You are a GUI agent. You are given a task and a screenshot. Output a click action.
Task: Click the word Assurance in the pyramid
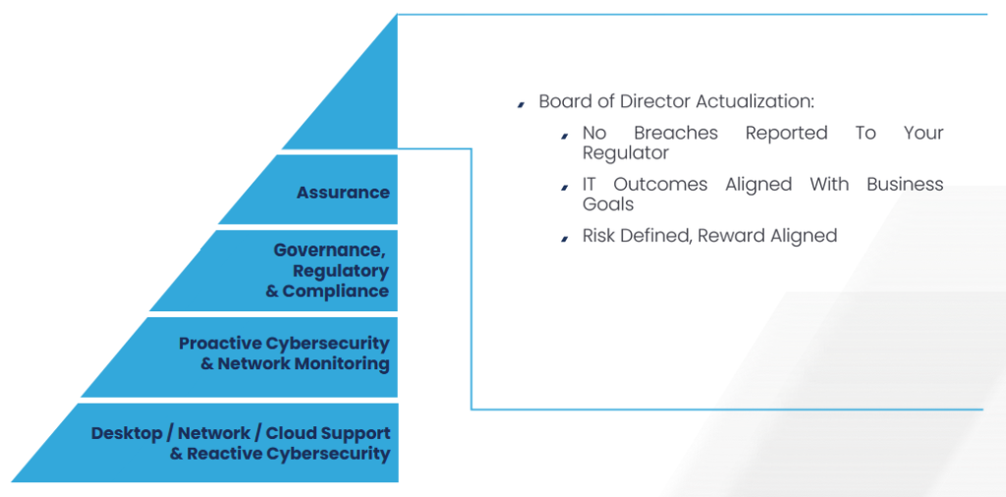(x=343, y=193)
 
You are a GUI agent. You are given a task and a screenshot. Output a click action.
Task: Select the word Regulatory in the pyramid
(x=341, y=271)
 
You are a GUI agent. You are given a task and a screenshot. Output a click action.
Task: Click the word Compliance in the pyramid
(x=336, y=291)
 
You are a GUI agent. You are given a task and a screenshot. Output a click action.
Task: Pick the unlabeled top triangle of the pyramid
(x=360, y=102)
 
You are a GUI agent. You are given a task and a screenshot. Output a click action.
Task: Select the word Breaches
(x=676, y=133)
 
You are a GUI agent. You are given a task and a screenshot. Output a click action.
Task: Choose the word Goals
(x=607, y=204)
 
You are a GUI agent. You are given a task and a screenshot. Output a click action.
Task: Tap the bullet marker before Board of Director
(x=521, y=104)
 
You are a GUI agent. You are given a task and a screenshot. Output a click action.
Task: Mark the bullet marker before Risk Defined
(x=565, y=239)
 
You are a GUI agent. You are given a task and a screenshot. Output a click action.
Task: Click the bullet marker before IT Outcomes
(x=565, y=187)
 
